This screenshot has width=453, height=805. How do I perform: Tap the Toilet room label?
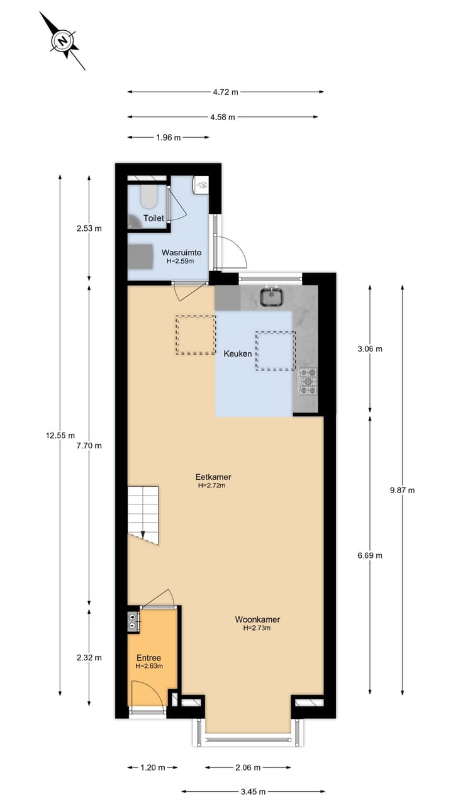click(x=154, y=218)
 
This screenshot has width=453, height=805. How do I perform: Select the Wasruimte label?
click(x=181, y=252)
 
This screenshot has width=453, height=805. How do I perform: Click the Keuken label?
click(x=238, y=353)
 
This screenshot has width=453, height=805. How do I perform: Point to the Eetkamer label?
click(x=212, y=477)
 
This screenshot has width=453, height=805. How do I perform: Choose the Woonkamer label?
click(x=257, y=619)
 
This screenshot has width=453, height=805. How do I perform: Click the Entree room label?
click(x=148, y=658)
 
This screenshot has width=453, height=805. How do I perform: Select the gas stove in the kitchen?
click(x=308, y=382)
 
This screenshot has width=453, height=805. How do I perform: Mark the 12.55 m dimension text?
click(x=60, y=435)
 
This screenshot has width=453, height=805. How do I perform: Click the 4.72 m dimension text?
click(x=225, y=92)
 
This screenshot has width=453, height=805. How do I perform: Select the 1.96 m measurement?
click(x=168, y=137)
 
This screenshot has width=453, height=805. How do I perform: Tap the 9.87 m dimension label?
click(x=402, y=491)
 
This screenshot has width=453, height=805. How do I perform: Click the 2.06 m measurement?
click(x=247, y=767)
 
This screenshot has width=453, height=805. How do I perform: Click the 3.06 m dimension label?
click(x=369, y=348)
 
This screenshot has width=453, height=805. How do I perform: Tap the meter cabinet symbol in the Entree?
click(x=133, y=621)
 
